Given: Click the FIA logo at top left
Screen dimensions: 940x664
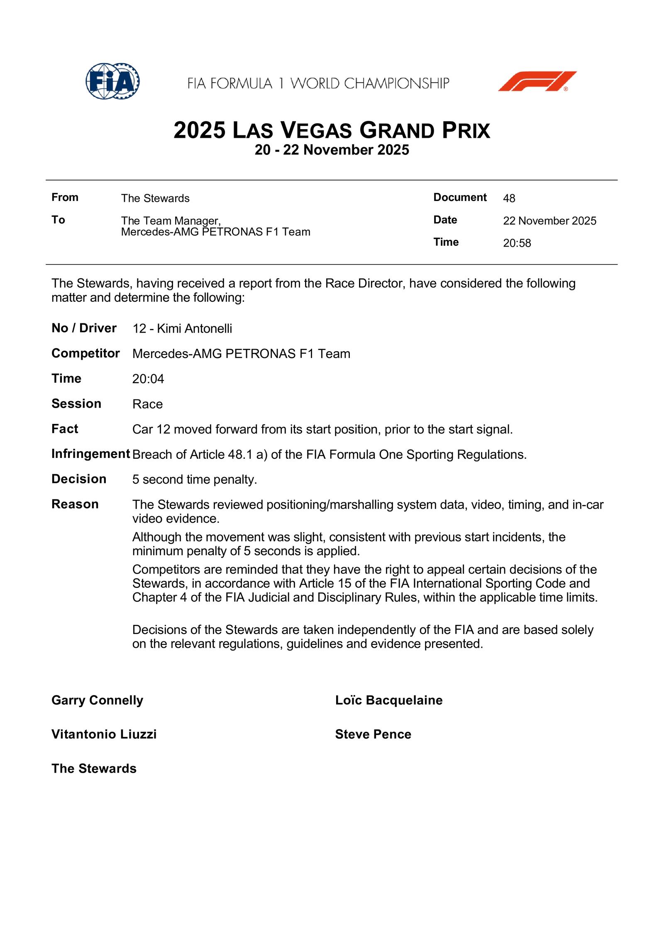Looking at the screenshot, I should tap(112, 81).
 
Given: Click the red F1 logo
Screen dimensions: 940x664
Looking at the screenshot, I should tap(537, 81).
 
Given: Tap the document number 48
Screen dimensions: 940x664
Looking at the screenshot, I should tap(509, 198).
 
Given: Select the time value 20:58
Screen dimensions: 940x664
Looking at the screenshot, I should tap(517, 243).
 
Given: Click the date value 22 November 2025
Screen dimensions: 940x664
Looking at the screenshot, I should tap(549, 221).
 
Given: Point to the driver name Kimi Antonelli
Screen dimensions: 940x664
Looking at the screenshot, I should tap(194, 329).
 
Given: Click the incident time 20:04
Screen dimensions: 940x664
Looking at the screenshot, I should tap(148, 379).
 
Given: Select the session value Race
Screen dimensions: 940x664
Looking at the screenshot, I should tap(147, 404).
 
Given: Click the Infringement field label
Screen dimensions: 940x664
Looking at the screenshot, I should tap(90, 454).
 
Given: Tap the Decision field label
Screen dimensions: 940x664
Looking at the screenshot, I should tap(79, 479).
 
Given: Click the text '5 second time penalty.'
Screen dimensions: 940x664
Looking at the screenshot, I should tap(195, 480).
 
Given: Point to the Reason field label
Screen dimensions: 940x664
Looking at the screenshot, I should tap(75, 504).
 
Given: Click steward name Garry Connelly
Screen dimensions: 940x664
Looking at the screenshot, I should tap(97, 700).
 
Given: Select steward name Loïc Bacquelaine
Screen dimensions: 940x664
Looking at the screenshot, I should tap(388, 700).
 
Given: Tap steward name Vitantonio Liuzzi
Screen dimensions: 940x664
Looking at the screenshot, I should tap(104, 734).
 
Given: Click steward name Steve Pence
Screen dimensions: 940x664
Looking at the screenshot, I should tap(373, 734).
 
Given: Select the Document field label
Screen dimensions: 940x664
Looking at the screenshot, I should tap(460, 197).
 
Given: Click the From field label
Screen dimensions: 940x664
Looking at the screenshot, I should tap(65, 197).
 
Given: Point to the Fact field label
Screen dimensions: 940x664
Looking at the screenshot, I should tap(65, 429).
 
